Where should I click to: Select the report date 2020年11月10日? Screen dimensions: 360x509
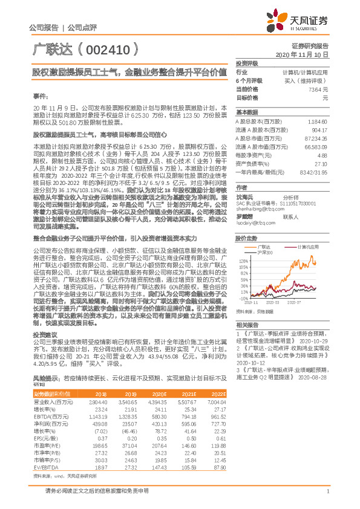tap(306, 54)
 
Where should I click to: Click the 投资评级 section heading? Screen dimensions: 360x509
tap(247, 63)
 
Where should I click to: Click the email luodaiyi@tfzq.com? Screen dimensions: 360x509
tap(254, 223)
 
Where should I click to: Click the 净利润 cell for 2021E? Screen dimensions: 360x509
tap(190, 424)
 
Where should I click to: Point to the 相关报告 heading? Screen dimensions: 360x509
tap(247, 325)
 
